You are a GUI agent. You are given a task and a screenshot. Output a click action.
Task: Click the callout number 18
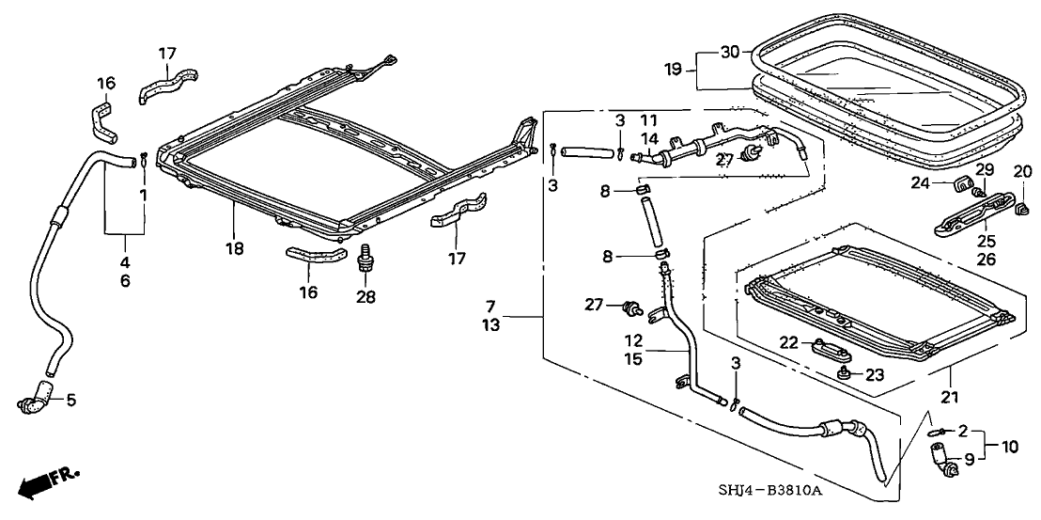(x=234, y=248)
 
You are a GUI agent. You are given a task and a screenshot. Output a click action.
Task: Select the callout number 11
(x=649, y=119)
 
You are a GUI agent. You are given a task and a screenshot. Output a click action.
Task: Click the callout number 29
(x=984, y=168)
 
